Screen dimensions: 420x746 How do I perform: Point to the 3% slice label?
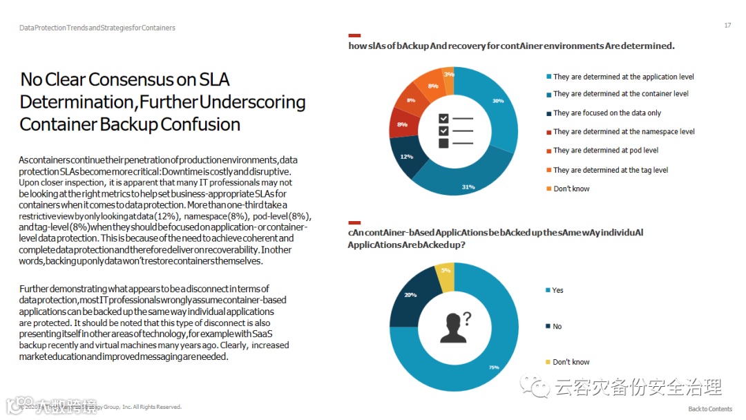[449, 74]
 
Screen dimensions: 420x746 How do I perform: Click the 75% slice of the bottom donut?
[492, 359]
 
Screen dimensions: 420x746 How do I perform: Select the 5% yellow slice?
[446, 270]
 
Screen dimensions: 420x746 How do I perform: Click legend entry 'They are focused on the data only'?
[606, 113]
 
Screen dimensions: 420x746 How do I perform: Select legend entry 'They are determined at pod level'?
[605, 151]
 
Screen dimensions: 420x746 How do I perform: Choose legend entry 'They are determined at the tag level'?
[610, 170]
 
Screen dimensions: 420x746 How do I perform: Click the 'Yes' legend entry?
[557, 290]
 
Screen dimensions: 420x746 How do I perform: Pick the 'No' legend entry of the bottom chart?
[557, 326]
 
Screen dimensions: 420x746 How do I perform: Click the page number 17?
[727, 26]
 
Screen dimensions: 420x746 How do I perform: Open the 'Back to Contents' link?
[710, 409]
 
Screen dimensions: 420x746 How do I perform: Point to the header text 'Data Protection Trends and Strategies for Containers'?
[97, 28]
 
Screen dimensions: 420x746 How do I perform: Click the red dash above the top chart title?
[354, 35]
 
